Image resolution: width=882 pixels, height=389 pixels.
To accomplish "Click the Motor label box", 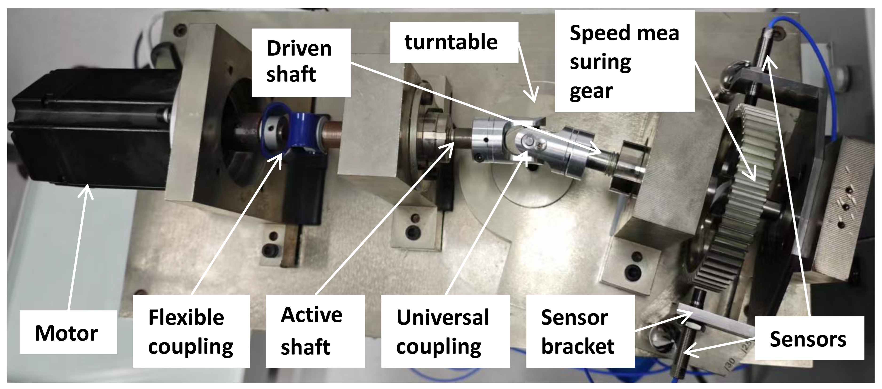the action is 68,332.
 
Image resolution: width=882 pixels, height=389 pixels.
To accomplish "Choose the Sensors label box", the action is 809,338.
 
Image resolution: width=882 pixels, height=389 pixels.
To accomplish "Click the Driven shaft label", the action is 301,62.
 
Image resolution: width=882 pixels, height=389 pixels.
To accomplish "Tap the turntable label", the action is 454,43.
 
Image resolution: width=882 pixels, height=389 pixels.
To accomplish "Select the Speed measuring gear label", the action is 625,61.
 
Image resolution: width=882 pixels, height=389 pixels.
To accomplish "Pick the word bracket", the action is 578,346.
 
